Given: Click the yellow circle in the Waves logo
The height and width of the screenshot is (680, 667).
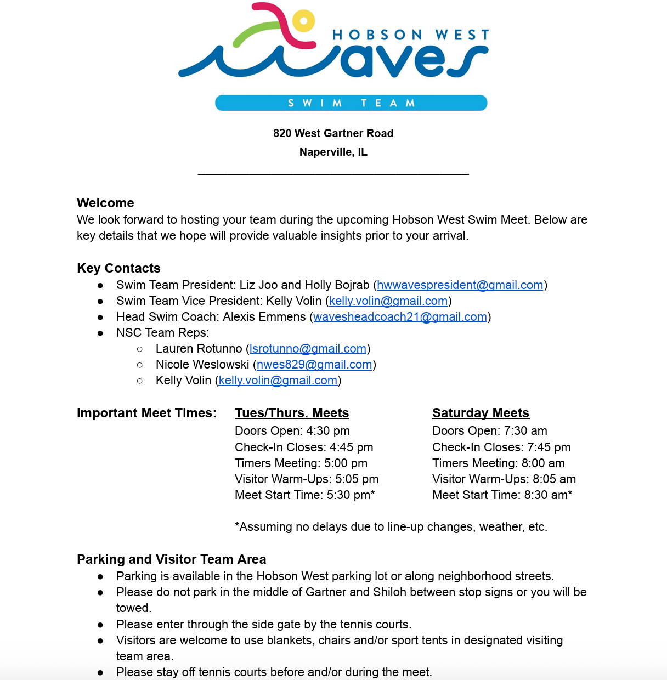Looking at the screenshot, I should [x=303, y=21].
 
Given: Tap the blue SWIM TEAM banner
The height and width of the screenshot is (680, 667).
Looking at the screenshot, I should [x=351, y=103].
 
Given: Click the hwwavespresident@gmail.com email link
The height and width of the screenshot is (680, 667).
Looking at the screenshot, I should [x=460, y=285].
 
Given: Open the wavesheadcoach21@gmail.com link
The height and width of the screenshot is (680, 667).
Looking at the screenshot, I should [x=400, y=317].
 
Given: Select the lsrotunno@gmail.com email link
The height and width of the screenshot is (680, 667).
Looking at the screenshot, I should [x=308, y=349].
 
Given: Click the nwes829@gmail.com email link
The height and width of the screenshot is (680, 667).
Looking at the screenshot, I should [x=314, y=365].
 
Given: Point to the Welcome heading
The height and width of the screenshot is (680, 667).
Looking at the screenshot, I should [x=105, y=203].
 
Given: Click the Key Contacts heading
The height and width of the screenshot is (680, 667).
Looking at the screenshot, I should [x=118, y=268].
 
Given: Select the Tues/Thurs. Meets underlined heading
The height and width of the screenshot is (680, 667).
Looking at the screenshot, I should [x=292, y=413].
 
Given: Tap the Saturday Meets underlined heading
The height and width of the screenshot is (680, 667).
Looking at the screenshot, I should [x=481, y=413].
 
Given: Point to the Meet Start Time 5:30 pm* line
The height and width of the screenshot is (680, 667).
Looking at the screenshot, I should [x=304, y=495].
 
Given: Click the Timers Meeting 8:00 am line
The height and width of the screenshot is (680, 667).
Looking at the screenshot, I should [x=498, y=463].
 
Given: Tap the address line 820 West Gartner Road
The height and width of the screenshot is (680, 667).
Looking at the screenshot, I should [x=333, y=133].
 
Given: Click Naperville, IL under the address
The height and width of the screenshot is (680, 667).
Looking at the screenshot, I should [x=333, y=152].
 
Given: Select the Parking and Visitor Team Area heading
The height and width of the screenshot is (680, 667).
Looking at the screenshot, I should [x=171, y=559].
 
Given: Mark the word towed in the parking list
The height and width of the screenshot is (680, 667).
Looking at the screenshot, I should [x=133, y=608].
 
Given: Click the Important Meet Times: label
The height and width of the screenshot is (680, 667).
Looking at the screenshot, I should [x=146, y=413].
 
